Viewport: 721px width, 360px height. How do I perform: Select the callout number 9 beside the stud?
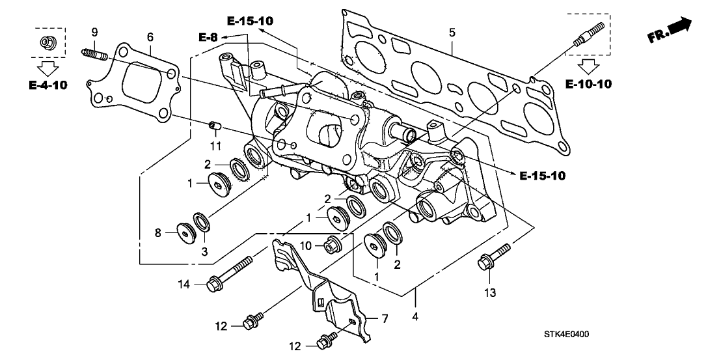94,33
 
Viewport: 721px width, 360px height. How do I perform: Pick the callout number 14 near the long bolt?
184,283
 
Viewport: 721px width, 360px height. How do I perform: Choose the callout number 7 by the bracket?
384,318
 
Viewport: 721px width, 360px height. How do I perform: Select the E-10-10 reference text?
588,83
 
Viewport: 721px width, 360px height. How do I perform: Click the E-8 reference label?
208,37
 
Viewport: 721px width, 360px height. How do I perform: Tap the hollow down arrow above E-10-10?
588,65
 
